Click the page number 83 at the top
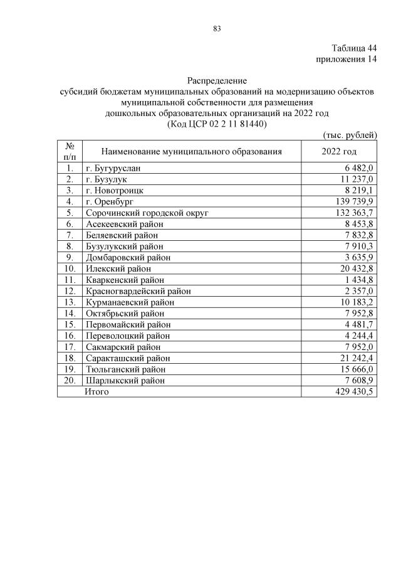[x=217, y=29]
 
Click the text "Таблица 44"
[x=354, y=48]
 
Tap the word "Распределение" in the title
[x=217, y=81]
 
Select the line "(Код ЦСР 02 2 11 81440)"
[x=217, y=124]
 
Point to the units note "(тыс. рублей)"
[x=350, y=134]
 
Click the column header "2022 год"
[x=339, y=152]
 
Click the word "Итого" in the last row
[x=97, y=391]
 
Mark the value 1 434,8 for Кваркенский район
[x=358, y=280]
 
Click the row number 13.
[x=70, y=302]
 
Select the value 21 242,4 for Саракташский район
[x=355, y=358]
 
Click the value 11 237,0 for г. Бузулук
[x=355, y=179]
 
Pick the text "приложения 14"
[x=347, y=60]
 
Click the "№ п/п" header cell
[x=70, y=151]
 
